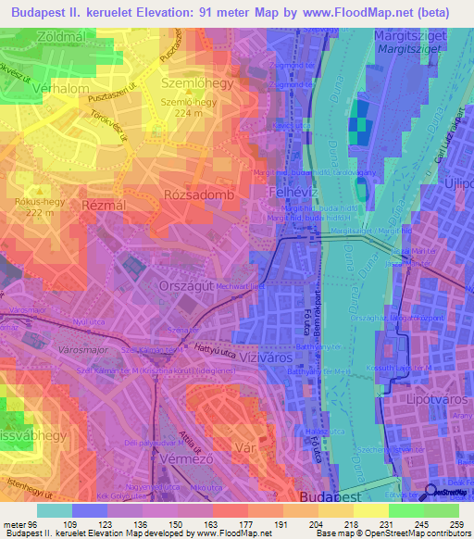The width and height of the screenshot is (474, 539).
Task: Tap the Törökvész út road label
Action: (x=118, y=122)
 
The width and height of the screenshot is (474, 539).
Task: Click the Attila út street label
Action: (x=189, y=433)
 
